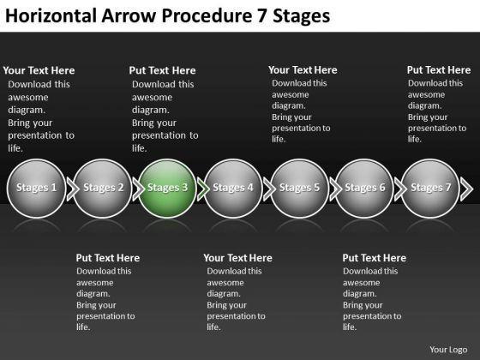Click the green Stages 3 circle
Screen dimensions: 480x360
(x=167, y=189)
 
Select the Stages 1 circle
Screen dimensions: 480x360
(x=36, y=189)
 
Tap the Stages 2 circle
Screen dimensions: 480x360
(x=102, y=189)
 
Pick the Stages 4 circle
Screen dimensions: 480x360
(x=233, y=189)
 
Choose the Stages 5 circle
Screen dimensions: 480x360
(x=299, y=189)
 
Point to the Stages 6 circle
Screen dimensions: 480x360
(x=364, y=189)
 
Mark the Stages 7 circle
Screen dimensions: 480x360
(x=430, y=189)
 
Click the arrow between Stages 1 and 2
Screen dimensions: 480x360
(x=73, y=189)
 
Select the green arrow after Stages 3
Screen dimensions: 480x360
(x=203, y=189)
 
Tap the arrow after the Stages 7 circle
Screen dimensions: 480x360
(x=467, y=189)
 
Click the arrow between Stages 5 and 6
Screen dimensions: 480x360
(x=335, y=189)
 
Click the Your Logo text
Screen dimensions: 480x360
(x=448, y=350)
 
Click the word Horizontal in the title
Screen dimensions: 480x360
(x=51, y=15)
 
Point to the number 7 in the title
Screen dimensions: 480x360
(x=261, y=16)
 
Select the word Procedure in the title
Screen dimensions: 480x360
(x=207, y=15)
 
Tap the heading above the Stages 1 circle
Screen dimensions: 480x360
(x=39, y=70)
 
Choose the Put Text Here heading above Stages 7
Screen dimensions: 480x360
(x=439, y=70)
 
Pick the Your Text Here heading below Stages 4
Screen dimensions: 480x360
(x=238, y=258)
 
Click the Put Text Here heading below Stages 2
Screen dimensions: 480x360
(x=108, y=258)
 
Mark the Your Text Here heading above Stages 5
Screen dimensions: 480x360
(x=303, y=70)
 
